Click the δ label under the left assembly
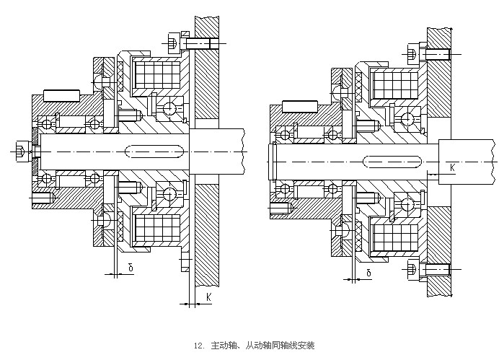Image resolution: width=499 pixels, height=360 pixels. [x=130, y=268]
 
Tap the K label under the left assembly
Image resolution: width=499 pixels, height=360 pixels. [x=208, y=296]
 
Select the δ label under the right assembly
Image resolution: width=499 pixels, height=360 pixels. [x=368, y=273]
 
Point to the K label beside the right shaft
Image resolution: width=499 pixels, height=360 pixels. [x=452, y=167]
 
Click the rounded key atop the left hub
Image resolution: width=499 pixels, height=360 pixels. [x=60, y=95]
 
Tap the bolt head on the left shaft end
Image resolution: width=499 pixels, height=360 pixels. [x=19, y=152]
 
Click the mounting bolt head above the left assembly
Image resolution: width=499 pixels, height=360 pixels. [x=173, y=44]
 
